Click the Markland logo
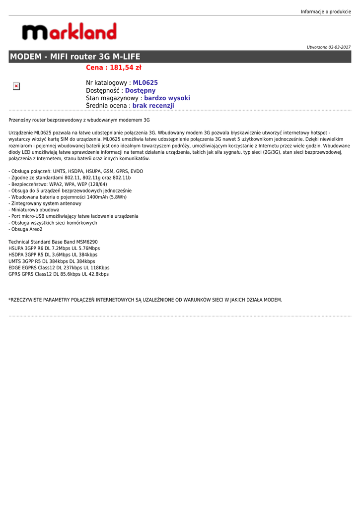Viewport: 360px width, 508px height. (69, 32)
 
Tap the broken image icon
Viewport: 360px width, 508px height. (16, 86)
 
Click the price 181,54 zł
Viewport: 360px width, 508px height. (125, 67)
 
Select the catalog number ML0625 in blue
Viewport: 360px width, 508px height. (145, 83)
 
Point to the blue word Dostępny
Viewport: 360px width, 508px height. (140, 91)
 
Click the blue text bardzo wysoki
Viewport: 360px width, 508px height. (167, 98)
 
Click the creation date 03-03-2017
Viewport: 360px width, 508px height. (339, 47)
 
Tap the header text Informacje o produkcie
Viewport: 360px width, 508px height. (326, 11)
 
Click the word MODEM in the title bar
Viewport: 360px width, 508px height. (26, 57)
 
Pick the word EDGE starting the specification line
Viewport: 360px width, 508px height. (15, 268)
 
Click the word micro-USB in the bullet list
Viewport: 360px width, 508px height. (32, 216)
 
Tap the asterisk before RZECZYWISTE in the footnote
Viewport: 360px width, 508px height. (10, 300)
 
